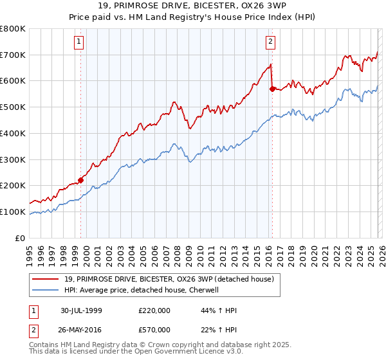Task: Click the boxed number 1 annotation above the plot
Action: pos(78,42)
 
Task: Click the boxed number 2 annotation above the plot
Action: pos(270,42)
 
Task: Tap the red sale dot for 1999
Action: pos(81,180)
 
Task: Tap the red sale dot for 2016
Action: pos(272,89)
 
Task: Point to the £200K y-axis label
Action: pos(13,186)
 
